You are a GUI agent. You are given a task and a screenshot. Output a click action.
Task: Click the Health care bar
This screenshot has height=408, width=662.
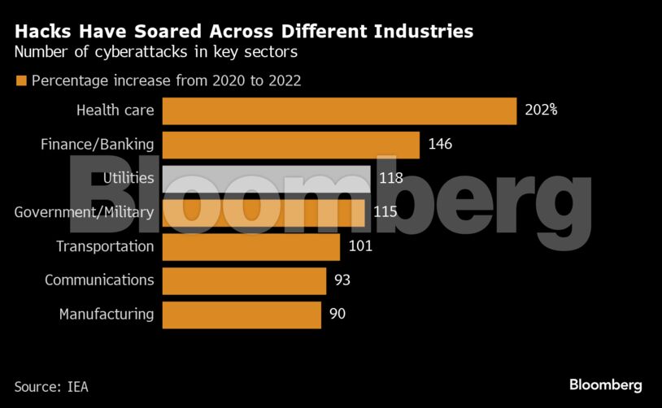click(x=339, y=111)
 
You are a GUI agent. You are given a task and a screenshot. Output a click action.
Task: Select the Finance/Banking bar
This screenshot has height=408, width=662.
click(x=290, y=145)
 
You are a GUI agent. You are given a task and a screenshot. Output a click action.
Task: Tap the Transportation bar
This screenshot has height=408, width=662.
click(x=250, y=246)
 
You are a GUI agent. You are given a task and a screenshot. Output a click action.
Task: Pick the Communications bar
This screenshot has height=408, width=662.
click(x=244, y=280)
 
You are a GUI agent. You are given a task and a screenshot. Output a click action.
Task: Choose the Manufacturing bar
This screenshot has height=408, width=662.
click(x=242, y=315)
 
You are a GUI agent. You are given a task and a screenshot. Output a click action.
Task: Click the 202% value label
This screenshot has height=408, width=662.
click(x=541, y=111)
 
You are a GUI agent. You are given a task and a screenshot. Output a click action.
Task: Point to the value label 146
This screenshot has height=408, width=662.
click(x=439, y=145)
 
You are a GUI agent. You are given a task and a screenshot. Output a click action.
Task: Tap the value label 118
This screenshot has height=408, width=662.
click(x=391, y=178)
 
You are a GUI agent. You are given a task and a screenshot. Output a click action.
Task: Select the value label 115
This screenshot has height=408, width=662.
click(x=385, y=212)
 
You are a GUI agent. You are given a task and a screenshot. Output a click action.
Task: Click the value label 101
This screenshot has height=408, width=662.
click(x=359, y=246)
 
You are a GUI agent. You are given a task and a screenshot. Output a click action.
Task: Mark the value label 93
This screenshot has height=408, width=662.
click(x=342, y=280)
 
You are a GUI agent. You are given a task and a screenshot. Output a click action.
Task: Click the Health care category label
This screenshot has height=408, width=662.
click(x=115, y=111)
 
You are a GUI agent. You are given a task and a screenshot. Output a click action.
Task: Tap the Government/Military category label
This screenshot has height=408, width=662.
click(x=85, y=212)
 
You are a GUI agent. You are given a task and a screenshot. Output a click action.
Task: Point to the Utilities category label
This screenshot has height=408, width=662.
click(x=128, y=178)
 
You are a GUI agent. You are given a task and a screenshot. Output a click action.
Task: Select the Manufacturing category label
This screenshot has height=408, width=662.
click(x=107, y=315)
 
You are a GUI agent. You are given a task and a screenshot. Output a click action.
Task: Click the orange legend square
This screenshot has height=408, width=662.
click(x=21, y=81)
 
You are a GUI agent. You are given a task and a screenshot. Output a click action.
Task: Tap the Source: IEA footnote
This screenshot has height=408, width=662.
click(x=51, y=387)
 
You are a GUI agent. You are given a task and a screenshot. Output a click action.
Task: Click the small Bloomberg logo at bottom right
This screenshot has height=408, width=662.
click(x=606, y=384)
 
